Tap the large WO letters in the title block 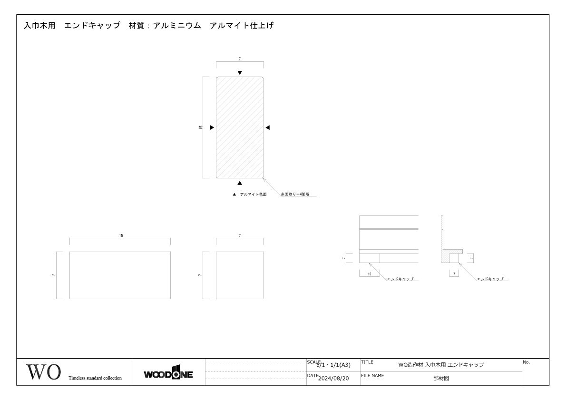coord(43,372)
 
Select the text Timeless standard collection coord(95,379)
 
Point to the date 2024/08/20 coord(333,379)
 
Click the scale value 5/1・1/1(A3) coord(333,365)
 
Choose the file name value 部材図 coord(441,379)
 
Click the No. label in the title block coord(526,362)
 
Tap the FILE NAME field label coord(372,375)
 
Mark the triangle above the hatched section coord(240,73)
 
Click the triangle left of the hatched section coord(212,127)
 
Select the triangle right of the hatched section coord(268,127)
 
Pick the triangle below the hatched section coord(240,183)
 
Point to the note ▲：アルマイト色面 coord(250,195)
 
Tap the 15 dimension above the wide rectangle coord(121,236)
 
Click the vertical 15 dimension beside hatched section coord(201,127)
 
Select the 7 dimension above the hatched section coord(240,59)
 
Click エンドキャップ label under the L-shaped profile coord(490,279)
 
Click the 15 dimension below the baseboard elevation coord(370,274)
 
